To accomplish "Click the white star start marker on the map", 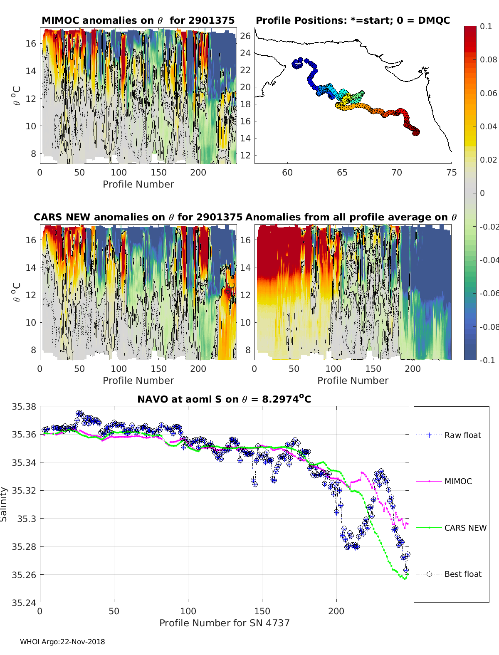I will (x=298, y=64).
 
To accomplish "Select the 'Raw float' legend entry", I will (x=462, y=435).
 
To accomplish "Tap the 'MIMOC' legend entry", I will (x=458, y=481).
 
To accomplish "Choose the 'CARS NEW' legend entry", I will (x=465, y=528).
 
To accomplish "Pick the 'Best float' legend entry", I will (x=462, y=574).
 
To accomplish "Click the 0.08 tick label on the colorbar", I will (x=488, y=59).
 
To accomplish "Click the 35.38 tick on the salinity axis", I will (x=24, y=407).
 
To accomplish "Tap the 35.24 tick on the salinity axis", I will (x=24, y=603).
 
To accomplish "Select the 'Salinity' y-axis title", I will (x=4, y=504).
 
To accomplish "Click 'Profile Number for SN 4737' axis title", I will (x=224, y=623).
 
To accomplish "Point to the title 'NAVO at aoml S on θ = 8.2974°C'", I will (x=224, y=399).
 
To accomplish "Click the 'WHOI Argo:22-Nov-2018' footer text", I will (x=62, y=642).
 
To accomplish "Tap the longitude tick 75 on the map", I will (x=451, y=172).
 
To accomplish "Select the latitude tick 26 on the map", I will (x=246, y=36).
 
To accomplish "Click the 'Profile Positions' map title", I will (x=353, y=20).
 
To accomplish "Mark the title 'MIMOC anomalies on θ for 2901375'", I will (x=138, y=20).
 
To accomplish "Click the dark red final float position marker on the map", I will (x=416, y=132).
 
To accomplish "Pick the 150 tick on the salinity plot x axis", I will (x=262, y=611).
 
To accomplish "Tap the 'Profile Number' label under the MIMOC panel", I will (x=138, y=184).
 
